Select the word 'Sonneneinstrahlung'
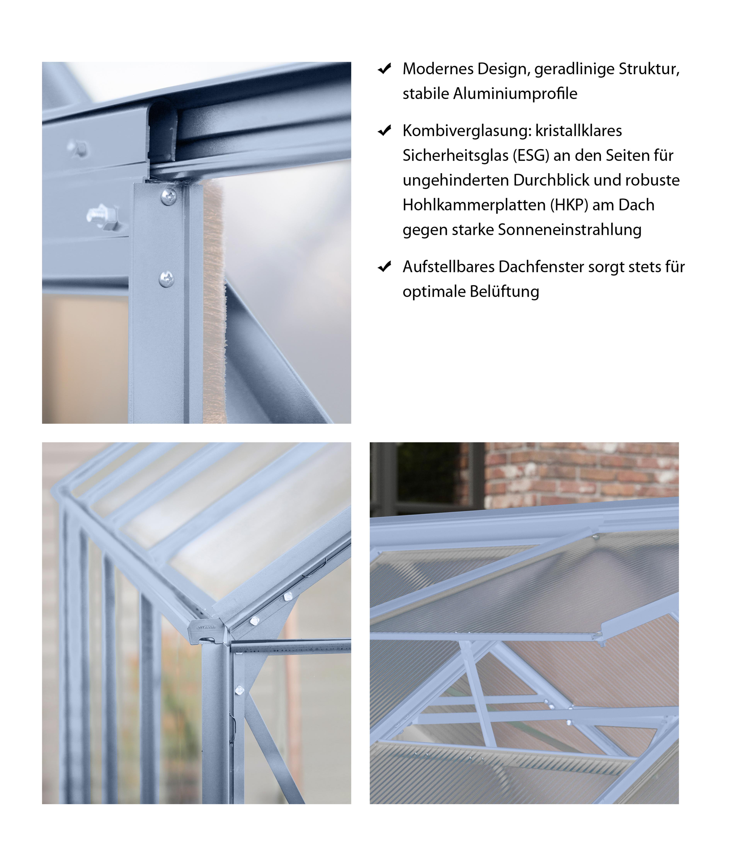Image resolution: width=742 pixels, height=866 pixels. point(569,230)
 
